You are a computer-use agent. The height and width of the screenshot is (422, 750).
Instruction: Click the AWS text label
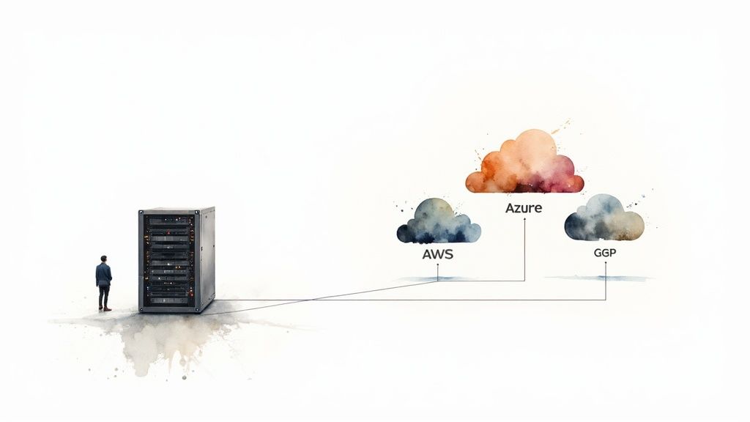point(438,255)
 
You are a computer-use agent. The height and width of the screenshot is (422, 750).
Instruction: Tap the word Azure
point(524,208)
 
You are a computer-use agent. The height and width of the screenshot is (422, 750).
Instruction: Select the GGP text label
point(606,251)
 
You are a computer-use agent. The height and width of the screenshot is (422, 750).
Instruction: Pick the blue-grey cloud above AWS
point(438,222)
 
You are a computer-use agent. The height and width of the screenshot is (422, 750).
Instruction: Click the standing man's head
point(104,259)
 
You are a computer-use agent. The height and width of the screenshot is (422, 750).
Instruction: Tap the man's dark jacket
point(104,275)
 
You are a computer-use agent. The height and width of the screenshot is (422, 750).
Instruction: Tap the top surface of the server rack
point(176,210)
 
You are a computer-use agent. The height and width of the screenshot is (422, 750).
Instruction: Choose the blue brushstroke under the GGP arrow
point(597,278)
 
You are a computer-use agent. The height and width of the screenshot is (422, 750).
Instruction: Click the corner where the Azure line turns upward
point(524,281)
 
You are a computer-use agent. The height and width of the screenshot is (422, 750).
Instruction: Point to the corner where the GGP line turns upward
point(606,300)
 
